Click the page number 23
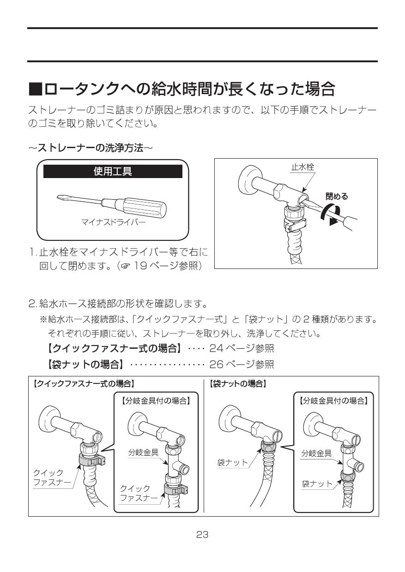pyautogui.click(x=202, y=535)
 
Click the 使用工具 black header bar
pyautogui.click(x=113, y=172)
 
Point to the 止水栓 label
pyautogui.click(x=302, y=167)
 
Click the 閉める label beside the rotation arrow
pyautogui.click(x=337, y=196)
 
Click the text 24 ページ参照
pyautogui.click(x=242, y=348)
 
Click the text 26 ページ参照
pyautogui.click(x=242, y=365)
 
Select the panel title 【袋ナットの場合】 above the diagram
pyautogui.click(x=238, y=383)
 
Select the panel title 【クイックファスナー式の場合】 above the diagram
pyautogui.click(x=84, y=383)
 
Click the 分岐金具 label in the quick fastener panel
pyautogui.click(x=143, y=453)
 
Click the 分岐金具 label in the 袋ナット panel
pyautogui.click(x=316, y=453)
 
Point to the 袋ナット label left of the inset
pyautogui.click(x=232, y=462)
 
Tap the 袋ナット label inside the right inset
pyautogui.click(x=317, y=483)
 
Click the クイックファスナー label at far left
pyautogui.click(x=51, y=478)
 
